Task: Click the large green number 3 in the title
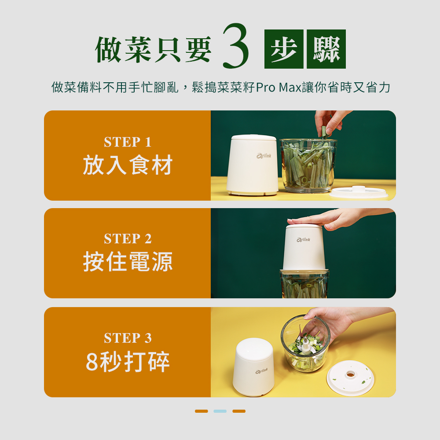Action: click(235, 46)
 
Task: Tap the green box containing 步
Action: click(284, 49)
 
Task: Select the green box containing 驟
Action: click(326, 49)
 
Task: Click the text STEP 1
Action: click(128, 142)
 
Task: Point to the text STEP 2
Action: click(128, 239)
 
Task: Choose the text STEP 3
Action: click(128, 338)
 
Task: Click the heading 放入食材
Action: click(128, 165)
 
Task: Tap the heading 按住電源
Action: click(128, 261)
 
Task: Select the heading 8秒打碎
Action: click(128, 362)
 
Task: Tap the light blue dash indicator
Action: click(220, 411)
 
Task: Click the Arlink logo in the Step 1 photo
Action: click(264, 156)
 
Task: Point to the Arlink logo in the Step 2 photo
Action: click(303, 240)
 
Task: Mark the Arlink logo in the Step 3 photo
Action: click(261, 371)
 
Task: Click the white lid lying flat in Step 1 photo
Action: click(359, 192)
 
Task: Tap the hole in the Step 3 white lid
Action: click(351, 374)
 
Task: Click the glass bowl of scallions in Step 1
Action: click(308, 165)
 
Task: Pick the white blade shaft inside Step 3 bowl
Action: click(307, 346)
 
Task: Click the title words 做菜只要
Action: click(153, 49)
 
